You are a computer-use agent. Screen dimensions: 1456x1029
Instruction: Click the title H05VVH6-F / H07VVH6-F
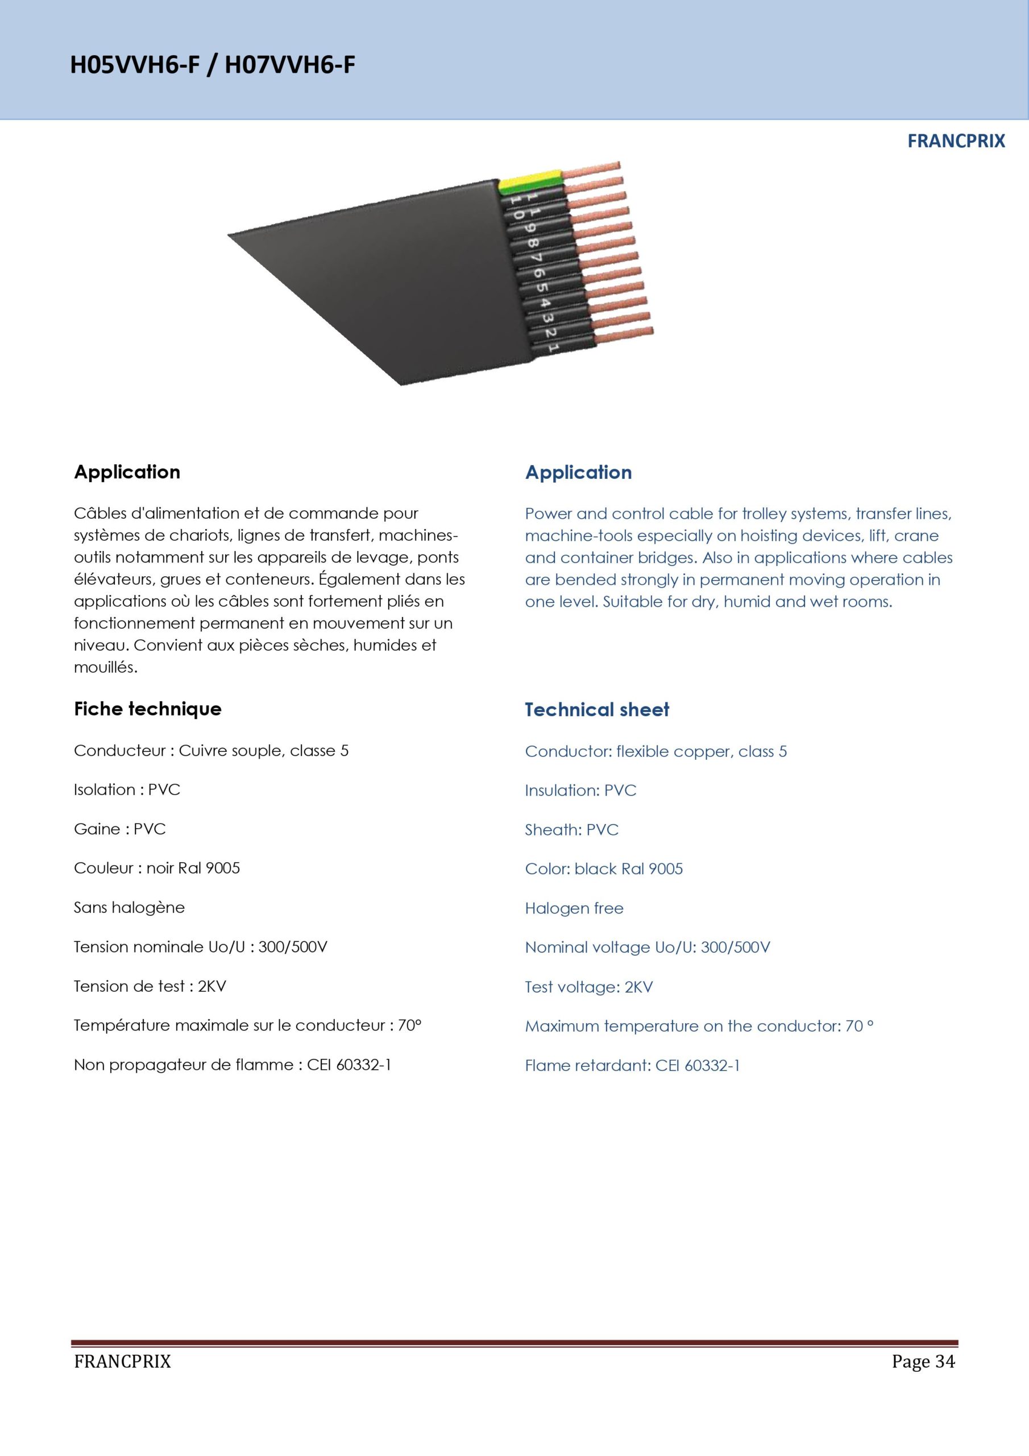click(213, 65)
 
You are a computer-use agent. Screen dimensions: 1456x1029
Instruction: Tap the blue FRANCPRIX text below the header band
click(956, 141)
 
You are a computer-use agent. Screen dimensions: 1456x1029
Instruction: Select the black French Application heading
click(127, 472)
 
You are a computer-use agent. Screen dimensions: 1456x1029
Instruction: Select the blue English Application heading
click(578, 473)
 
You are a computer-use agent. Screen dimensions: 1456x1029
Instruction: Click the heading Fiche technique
click(148, 709)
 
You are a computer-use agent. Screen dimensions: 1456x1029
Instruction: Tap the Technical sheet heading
click(596, 710)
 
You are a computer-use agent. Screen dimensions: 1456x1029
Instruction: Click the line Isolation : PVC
click(127, 789)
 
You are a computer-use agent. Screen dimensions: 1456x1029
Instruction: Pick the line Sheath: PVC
click(571, 829)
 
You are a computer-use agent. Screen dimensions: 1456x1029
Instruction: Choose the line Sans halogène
click(130, 908)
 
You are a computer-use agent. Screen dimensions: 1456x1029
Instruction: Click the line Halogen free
click(574, 908)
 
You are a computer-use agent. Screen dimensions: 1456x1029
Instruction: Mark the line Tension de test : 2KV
click(150, 986)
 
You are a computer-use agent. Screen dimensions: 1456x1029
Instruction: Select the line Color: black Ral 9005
click(604, 869)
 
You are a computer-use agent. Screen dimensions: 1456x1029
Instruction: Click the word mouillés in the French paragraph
click(105, 667)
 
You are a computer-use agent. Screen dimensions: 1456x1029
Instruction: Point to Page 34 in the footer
click(923, 1361)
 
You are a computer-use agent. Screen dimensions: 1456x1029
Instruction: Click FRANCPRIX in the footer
click(122, 1361)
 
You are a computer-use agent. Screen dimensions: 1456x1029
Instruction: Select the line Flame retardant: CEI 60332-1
click(632, 1065)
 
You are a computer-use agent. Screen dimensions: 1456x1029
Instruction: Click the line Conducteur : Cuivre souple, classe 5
click(211, 751)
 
